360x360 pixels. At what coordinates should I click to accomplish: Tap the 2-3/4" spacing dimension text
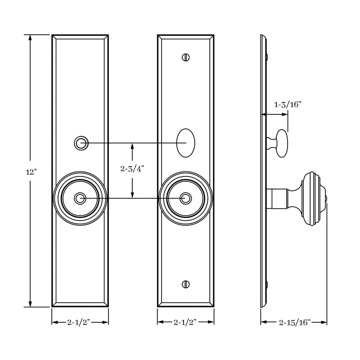click(132, 169)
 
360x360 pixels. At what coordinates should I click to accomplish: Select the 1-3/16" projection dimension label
click(288, 104)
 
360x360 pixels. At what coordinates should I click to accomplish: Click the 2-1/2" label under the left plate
click(80, 322)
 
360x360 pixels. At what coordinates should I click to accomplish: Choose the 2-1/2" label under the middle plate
click(185, 322)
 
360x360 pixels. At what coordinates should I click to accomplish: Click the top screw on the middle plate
click(185, 57)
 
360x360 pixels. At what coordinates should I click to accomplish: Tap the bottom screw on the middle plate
click(185, 284)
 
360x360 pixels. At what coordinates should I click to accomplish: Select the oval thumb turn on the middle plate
click(186, 143)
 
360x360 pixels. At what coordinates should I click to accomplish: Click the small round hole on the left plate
click(81, 143)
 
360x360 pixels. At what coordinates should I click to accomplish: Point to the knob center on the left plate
click(81, 198)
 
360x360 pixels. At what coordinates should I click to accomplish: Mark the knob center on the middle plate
click(185, 198)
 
